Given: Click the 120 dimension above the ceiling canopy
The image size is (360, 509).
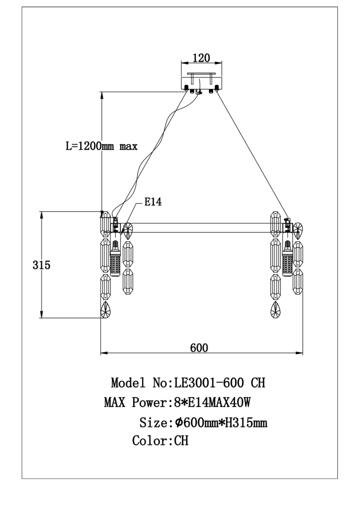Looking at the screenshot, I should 201,58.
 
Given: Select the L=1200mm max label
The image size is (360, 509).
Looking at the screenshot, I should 101,147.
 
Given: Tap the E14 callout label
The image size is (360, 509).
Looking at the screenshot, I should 153,202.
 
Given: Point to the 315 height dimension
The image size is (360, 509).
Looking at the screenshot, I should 42,265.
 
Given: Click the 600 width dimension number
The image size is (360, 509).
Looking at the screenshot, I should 199,347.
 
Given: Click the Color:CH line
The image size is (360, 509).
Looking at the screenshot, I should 160,441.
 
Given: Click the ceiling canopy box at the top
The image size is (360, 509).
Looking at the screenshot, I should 201,83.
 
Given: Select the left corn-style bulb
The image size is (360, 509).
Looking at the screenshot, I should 115,259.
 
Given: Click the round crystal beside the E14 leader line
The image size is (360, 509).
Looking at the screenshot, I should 128,231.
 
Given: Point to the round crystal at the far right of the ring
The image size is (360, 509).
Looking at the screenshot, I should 298,231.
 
